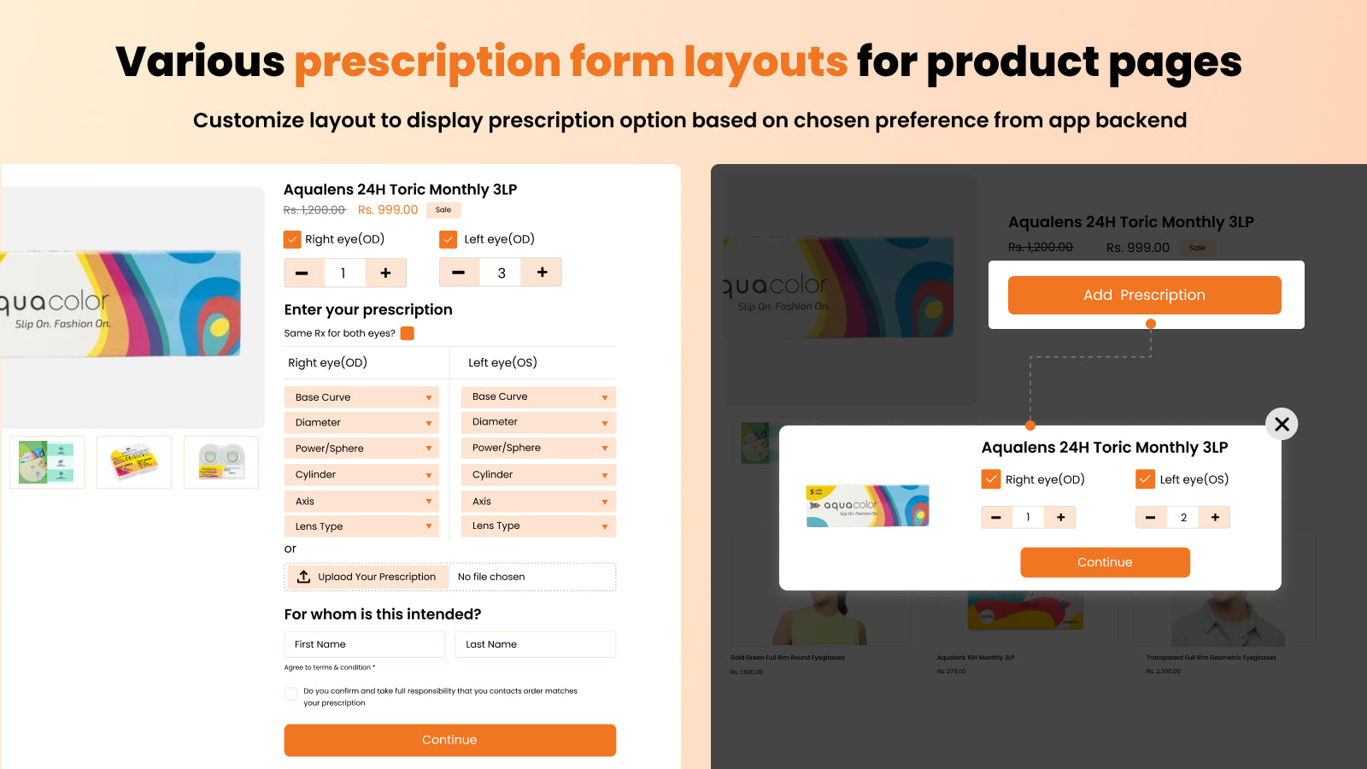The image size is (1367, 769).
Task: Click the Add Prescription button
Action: click(x=1144, y=295)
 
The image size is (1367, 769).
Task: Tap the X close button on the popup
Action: click(x=1282, y=424)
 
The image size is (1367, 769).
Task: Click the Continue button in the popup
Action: click(x=1105, y=562)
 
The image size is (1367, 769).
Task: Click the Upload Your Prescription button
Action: click(x=367, y=577)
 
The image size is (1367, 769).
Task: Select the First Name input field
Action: click(x=365, y=644)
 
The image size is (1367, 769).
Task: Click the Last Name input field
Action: click(x=535, y=644)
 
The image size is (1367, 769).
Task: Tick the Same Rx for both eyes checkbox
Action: click(x=408, y=333)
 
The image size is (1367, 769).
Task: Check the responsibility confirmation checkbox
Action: click(x=291, y=694)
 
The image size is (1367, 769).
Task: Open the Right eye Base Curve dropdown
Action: click(x=361, y=397)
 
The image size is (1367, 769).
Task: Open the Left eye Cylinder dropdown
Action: click(x=538, y=474)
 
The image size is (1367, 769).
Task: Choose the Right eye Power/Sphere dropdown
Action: click(x=361, y=448)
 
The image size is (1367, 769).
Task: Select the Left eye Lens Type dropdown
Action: click(x=538, y=525)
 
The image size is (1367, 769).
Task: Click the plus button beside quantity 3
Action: click(x=542, y=273)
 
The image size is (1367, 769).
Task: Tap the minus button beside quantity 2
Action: click(x=1150, y=517)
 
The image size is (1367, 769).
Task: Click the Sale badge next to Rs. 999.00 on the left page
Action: click(x=443, y=209)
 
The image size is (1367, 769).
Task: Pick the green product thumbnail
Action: click(x=47, y=462)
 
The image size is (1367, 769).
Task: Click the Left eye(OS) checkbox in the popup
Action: click(x=1145, y=479)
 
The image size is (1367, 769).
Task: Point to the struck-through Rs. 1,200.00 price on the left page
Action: click(x=314, y=210)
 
